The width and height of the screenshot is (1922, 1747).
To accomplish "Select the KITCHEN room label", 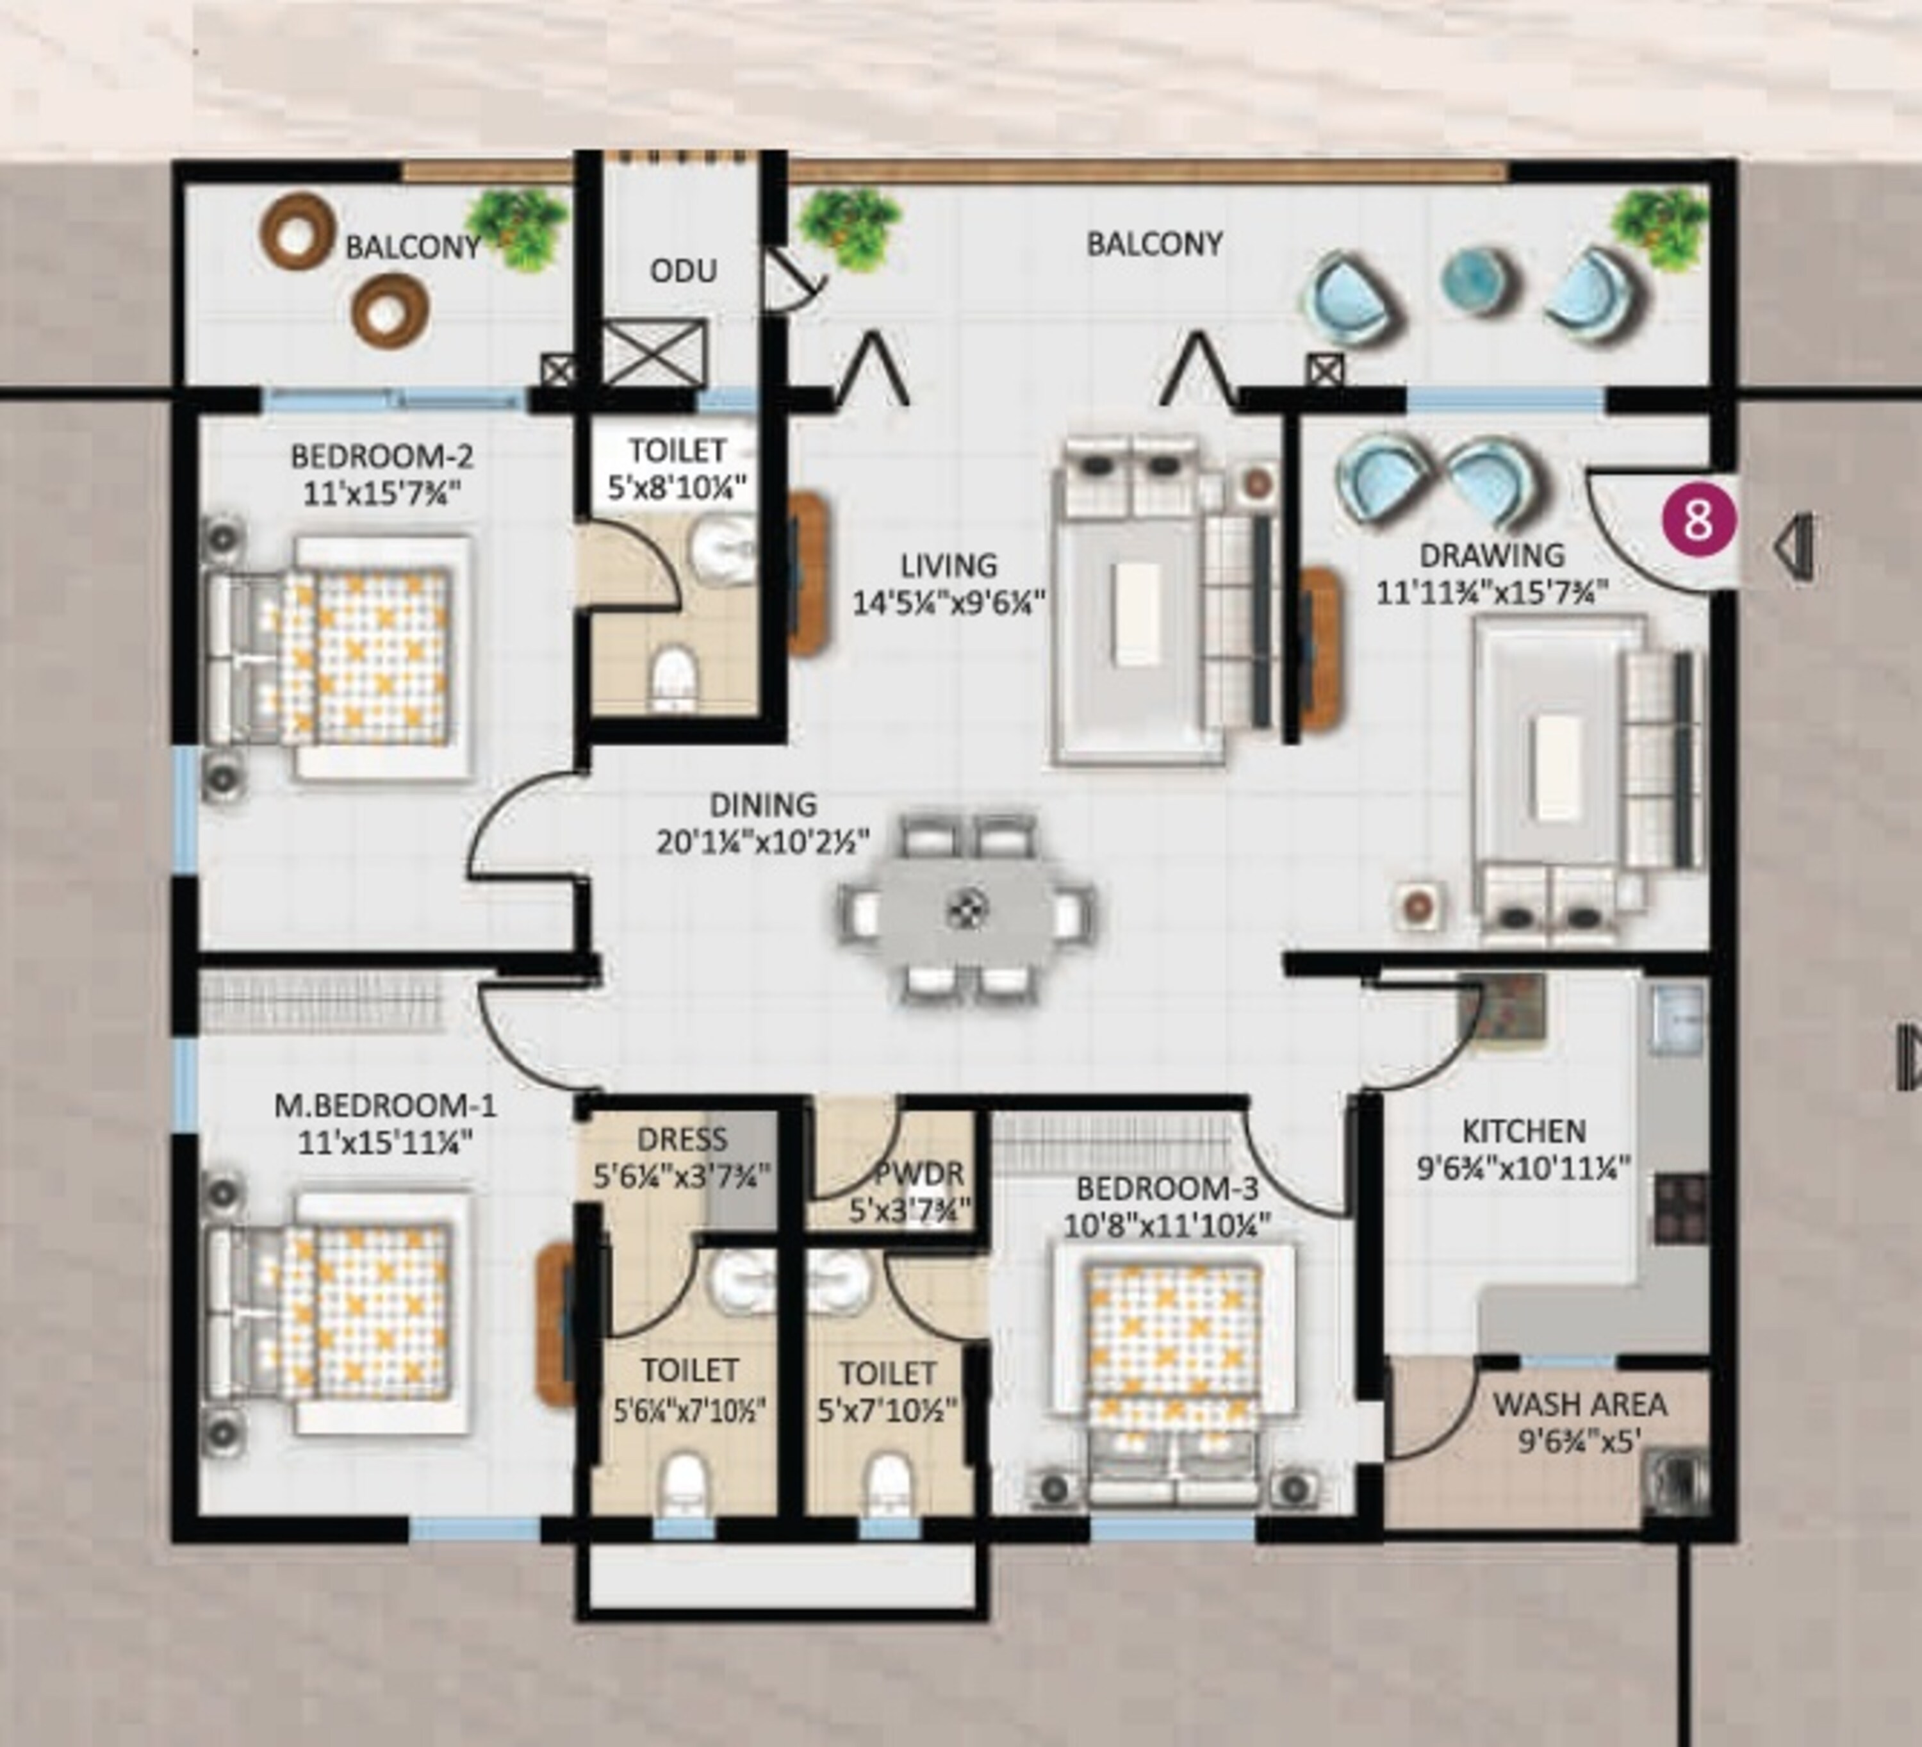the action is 1524,1132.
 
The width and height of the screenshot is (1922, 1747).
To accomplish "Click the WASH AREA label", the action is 1580,1405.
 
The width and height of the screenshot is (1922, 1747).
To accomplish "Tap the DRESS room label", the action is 682,1139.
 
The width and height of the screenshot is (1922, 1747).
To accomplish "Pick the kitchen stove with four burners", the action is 1681,1209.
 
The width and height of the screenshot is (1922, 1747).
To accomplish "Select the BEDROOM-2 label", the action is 381,456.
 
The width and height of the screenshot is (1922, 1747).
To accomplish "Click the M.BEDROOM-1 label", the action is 385,1106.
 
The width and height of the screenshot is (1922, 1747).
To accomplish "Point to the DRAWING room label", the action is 1492,555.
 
